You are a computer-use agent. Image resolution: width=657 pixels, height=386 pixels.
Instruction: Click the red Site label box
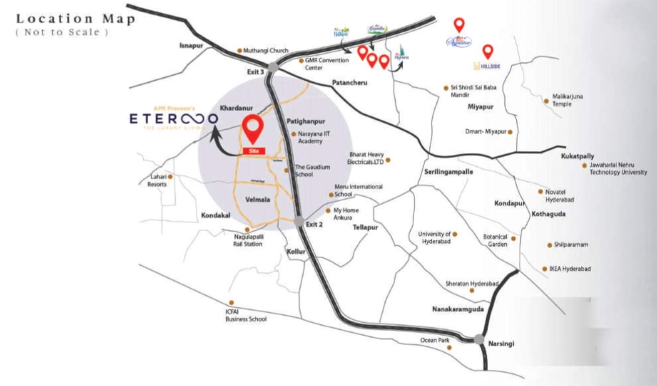[x=253, y=151]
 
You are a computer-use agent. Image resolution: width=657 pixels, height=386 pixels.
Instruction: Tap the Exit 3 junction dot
[x=273, y=67]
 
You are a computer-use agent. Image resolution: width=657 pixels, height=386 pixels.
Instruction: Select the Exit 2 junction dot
[x=300, y=221]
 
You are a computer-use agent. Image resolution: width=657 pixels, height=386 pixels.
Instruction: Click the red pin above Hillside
[x=488, y=51]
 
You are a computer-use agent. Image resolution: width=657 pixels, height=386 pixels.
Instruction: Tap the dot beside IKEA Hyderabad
[x=544, y=269]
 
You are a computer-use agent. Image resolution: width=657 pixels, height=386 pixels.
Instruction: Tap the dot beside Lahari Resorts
[x=170, y=177]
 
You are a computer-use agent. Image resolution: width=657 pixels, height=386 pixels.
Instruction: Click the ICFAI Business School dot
[x=231, y=303]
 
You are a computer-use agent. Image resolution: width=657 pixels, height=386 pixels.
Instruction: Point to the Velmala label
[x=258, y=200]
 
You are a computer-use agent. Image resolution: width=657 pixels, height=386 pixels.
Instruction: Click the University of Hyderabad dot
[x=455, y=234]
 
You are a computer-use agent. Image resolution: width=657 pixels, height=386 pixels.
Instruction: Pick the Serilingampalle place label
[x=448, y=171]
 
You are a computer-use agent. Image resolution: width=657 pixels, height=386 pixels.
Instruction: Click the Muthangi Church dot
[x=239, y=50]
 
